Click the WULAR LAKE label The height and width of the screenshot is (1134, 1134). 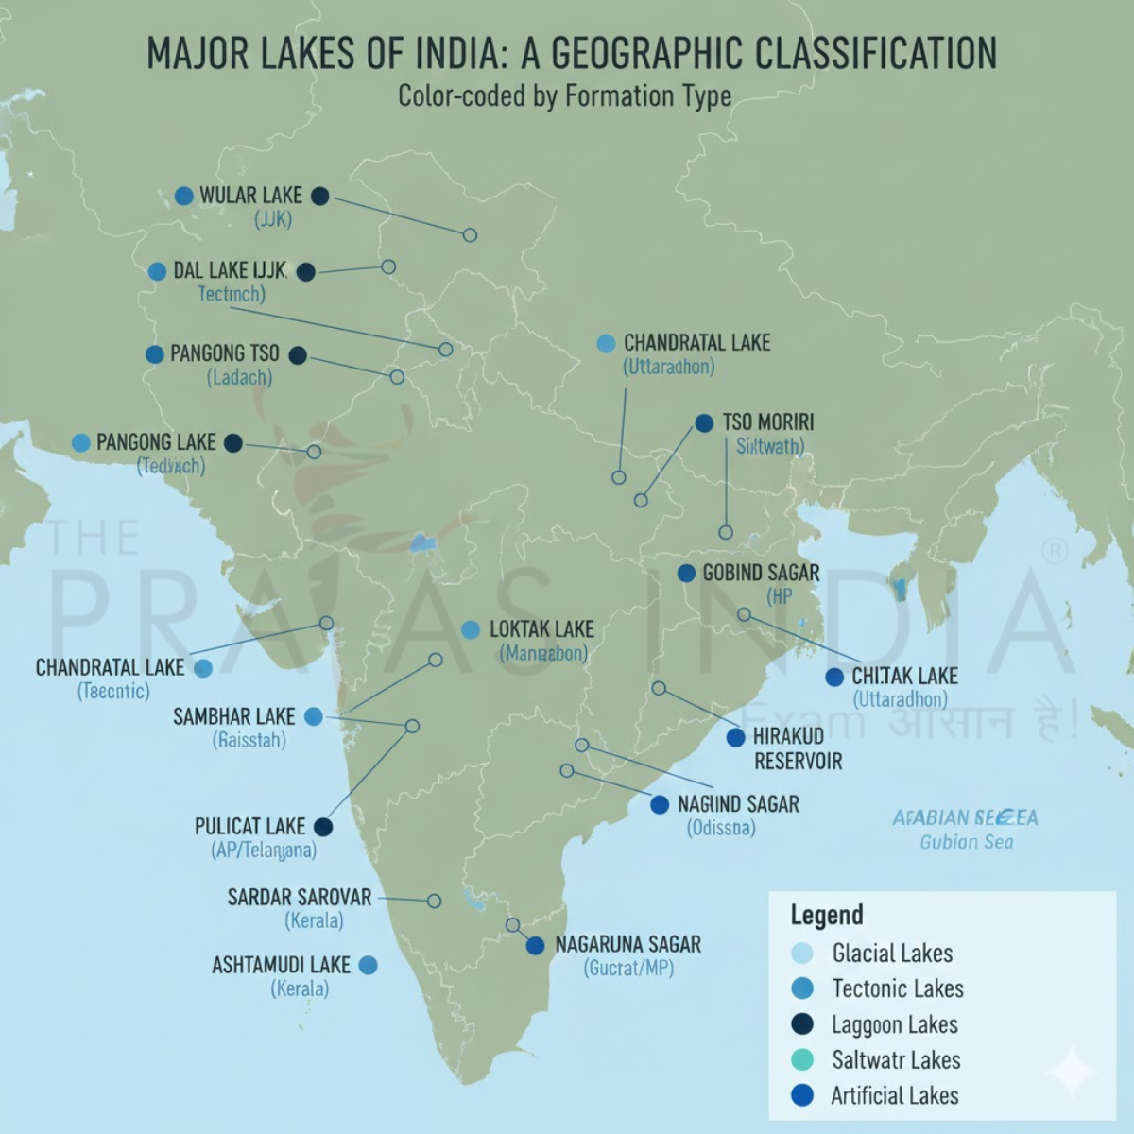click(250, 196)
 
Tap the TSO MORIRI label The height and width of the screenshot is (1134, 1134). click(767, 422)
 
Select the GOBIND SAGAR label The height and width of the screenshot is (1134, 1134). click(761, 573)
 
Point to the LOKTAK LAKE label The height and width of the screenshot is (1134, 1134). click(541, 629)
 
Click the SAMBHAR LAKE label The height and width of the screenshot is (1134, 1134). click(233, 717)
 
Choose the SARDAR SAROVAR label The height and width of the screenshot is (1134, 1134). click(299, 897)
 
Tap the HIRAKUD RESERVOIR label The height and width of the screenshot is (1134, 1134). click(797, 748)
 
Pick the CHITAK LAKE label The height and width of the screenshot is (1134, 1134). click(904, 677)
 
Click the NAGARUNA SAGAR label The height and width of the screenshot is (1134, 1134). click(627, 945)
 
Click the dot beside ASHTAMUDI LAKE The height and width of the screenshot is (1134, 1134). click(369, 965)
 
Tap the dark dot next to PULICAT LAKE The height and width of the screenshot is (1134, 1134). click(323, 827)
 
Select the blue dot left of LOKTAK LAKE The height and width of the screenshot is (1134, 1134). click(471, 630)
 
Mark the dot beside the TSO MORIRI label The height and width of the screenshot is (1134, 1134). click(704, 423)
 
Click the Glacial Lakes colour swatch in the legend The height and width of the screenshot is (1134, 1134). click(802, 953)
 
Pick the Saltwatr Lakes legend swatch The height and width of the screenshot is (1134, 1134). click(802, 1059)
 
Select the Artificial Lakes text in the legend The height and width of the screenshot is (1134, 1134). click(894, 1096)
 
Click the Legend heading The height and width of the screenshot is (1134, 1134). click(827, 915)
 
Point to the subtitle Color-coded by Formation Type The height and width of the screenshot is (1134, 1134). click(564, 96)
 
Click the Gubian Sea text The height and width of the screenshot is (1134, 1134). click(966, 842)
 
